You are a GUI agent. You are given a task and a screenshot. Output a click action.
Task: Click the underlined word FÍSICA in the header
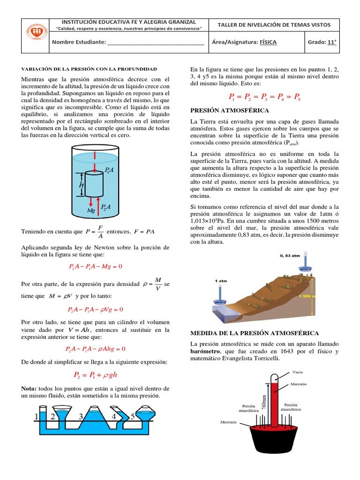click(268, 42)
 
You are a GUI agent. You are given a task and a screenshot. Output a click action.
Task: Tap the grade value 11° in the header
click(332, 42)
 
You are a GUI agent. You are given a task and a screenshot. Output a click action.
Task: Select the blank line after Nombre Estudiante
click(156, 43)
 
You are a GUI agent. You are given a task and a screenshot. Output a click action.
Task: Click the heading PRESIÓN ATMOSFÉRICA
click(229, 110)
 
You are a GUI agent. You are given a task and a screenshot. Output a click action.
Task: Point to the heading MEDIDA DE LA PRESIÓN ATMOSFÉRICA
click(254, 333)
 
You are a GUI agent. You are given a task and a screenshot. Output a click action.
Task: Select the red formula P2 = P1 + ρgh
click(95, 375)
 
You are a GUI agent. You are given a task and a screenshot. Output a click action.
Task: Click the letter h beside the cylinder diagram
click(81, 186)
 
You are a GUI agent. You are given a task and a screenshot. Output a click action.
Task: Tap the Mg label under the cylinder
click(91, 211)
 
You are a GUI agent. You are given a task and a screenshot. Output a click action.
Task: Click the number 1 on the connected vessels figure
click(37, 416)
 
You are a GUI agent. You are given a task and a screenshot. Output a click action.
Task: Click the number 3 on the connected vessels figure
click(81, 416)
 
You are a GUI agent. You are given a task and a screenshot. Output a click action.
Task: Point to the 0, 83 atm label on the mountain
click(290, 256)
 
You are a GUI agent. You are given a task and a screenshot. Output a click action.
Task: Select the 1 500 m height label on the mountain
click(319, 296)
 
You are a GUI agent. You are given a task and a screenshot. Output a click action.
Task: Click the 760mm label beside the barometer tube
click(264, 402)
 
